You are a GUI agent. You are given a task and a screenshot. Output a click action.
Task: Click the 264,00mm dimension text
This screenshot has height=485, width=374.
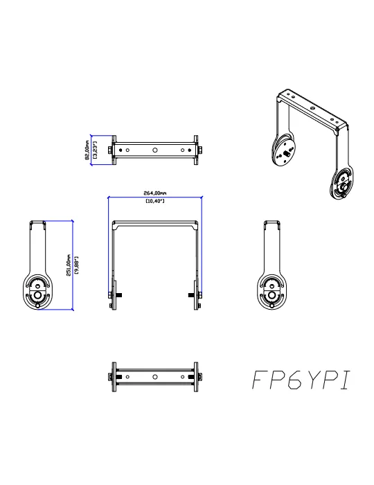[x=155, y=193]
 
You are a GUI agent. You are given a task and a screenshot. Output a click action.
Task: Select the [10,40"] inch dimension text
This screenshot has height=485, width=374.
[x=155, y=201]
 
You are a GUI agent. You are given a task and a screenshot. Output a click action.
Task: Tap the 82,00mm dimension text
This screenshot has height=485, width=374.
[x=87, y=150]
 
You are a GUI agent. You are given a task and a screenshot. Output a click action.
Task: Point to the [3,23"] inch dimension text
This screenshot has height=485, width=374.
[x=95, y=150]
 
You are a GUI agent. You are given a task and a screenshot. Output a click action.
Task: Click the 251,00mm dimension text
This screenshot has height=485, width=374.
[x=69, y=265]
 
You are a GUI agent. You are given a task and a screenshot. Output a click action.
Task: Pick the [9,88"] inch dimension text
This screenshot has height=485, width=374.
[x=77, y=265]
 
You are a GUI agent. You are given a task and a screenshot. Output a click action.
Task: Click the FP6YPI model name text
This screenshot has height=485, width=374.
[x=302, y=380]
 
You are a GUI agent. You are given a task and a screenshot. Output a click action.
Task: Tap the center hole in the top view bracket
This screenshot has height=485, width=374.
[x=155, y=150]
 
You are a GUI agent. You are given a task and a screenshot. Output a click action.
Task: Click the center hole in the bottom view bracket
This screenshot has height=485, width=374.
[x=155, y=377]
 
